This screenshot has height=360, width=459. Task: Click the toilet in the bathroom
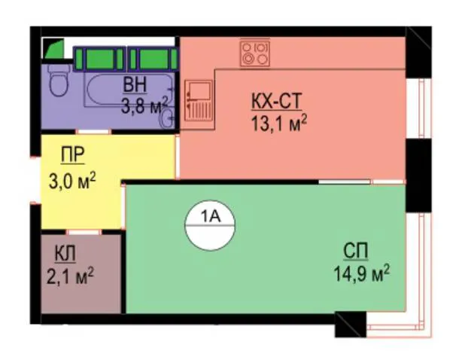coord(59,80)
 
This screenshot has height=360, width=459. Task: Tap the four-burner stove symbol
coord(254,53)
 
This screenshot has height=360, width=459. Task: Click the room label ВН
coord(135,85)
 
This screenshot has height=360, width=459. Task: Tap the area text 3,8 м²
coord(144,105)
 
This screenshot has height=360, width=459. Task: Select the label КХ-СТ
coord(276,102)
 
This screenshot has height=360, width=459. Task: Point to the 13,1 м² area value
coord(279,124)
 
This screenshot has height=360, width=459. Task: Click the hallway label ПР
coord(72,154)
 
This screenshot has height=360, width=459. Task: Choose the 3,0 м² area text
coord(72,182)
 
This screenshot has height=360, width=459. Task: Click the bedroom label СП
coord(356,251)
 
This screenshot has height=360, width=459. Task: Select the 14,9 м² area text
coord(362,273)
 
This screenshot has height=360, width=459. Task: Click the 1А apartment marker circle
coord(210,225)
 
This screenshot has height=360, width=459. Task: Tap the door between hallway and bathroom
coord(93,132)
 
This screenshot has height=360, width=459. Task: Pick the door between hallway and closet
coord(84,232)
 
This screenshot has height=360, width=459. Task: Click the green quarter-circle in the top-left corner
coord(54,49)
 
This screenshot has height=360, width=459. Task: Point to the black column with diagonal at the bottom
coord(351,325)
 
